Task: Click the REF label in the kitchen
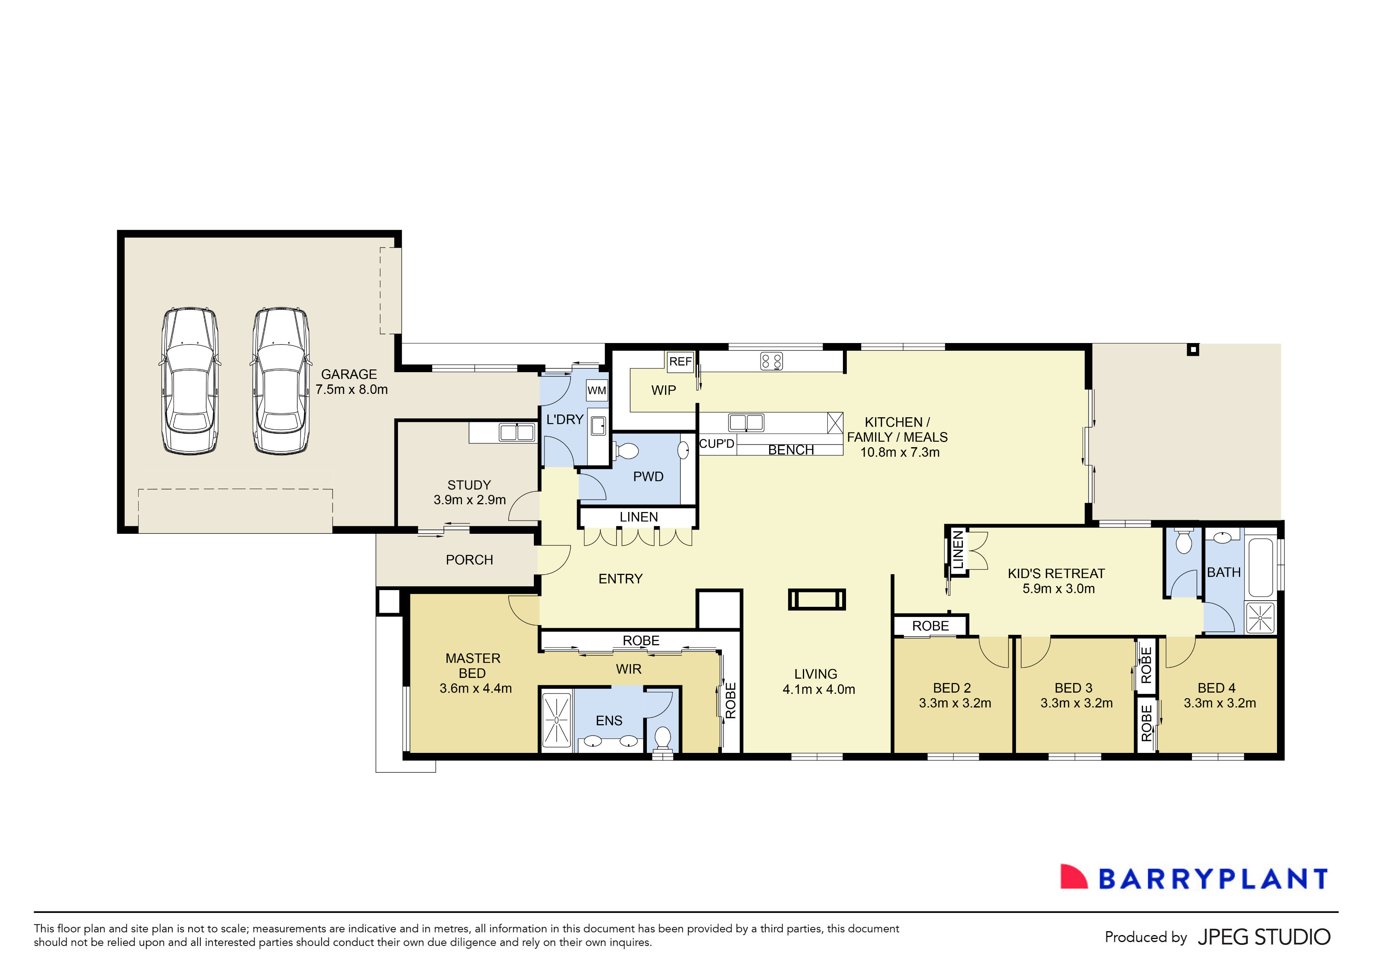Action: pos(680,362)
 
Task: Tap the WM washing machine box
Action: pos(596,390)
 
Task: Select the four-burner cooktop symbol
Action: pos(771,361)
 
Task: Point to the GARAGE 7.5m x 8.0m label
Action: pos(351,382)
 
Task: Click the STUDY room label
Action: pos(469,485)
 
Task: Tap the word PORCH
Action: pos(469,560)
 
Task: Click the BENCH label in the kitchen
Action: pos(791,450)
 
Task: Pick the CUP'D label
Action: pos(716,444)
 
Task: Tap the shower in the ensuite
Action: pos(556,720)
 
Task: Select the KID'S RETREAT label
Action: pos(1056,574)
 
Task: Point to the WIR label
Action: pos(628,669)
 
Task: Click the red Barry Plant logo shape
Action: pos(1074,877)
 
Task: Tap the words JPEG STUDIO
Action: pos(1264,937)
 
